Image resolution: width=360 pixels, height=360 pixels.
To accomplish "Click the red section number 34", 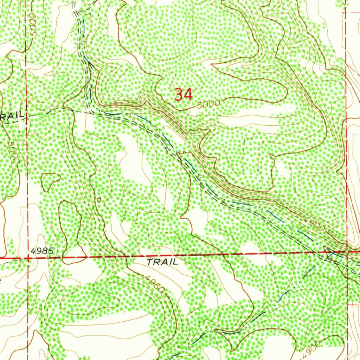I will coord(184,95).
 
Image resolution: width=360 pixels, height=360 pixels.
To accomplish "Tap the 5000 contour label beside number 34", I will coord(208,104).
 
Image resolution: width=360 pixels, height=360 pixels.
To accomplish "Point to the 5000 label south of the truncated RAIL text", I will coord(13,152).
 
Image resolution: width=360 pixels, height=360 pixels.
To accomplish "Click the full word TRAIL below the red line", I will coord(162,262).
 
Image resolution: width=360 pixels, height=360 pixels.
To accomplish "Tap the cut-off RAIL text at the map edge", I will coord(12,116).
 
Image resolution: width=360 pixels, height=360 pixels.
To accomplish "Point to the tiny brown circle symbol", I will coord(99,200).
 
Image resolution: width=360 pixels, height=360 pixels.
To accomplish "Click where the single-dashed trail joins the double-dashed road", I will coord(92,112).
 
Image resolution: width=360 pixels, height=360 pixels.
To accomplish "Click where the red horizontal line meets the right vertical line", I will coord(347,252).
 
